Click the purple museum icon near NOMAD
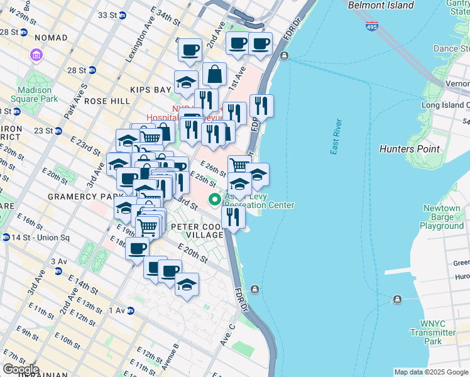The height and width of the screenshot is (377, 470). pyautogui.click(x=35, y=56)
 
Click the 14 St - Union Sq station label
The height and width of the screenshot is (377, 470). pyautogui.click(x=31, y=237)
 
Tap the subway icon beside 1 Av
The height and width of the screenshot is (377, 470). pyautogui.click(x=130, y=310)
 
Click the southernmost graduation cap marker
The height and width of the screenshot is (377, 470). pyautogui.click(x=187, y=285)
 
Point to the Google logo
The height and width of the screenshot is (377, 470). pyautogui.click(x=21, y=369)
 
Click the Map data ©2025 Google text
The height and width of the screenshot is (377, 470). pyautogui.click(x=430, y=372)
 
